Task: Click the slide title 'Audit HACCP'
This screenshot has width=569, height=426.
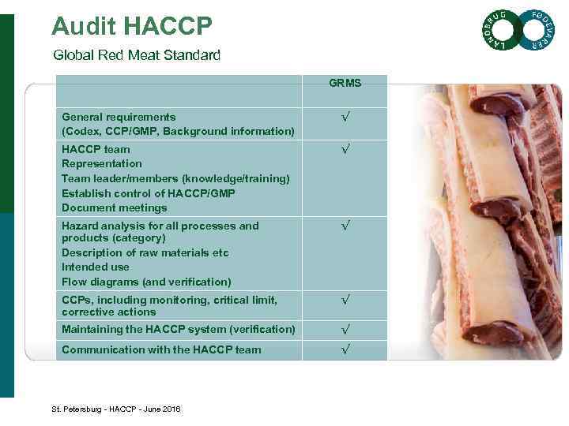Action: pyautogui.click(x=131, y=27)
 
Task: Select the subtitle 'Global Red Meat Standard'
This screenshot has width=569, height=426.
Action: pyautogui.click(x=137, y=55)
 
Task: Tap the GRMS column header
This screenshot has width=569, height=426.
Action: pyautogui.click(x=345, y=83)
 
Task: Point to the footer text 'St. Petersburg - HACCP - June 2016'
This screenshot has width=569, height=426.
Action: pyautogui.click(x=116, y=409)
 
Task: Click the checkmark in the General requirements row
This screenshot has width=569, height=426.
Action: pyautogui.click(x=345, y=118)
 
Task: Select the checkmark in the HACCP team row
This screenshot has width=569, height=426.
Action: pyautogui.click(x=345, y=150)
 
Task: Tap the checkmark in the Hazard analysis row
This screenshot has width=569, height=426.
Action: pyautogui.click(x=345, y=226)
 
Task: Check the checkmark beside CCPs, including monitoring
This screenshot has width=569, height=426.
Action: pyautogui.click(x=345, y=301)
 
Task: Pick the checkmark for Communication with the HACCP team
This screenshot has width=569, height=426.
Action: pyautogui.click(x=345, y=349)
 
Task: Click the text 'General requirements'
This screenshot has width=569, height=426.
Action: pyautogui.click(x=119, y=117)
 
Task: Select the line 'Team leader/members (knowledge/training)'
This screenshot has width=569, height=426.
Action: pyautogui.click(x=175, y=178)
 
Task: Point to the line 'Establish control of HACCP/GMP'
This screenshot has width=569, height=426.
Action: pyautogui.click(x=149, y=193)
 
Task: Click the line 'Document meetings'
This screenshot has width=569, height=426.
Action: pyautogui.click(x=115, y=208)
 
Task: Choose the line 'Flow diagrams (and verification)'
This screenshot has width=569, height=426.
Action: pyautogui.click(x=146, y=282)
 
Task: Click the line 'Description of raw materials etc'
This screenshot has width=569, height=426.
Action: pyautogui.click(x=145, y=252)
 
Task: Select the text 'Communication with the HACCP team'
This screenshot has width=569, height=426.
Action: pyautogui.click(x=161, y=349)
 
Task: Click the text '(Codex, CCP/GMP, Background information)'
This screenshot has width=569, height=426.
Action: pyautogui.click(x=178, y=131)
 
